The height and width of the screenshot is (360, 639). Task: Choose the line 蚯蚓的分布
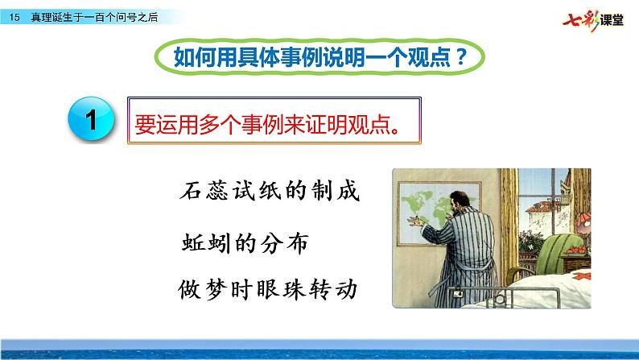point(244,243)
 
